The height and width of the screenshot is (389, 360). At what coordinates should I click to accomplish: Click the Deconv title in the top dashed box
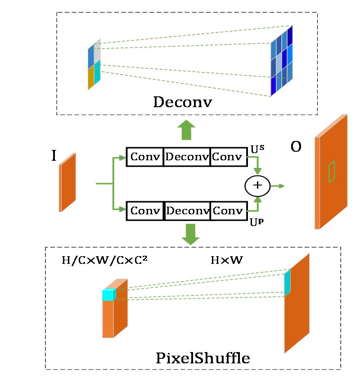[182, 102]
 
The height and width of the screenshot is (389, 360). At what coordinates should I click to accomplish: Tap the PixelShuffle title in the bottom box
[202, 358]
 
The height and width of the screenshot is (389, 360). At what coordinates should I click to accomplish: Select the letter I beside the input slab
[54, 156]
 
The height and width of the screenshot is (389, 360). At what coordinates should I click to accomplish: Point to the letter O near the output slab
[296, 147]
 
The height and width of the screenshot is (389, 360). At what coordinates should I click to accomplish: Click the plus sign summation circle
[257, 185]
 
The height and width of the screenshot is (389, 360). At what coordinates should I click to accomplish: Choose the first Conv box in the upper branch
[144, 157]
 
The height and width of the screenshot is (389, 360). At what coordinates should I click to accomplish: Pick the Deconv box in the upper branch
[187, 157]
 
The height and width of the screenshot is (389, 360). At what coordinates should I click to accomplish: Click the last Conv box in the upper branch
[228, 157]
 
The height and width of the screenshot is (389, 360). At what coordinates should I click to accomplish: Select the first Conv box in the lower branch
[145, 211]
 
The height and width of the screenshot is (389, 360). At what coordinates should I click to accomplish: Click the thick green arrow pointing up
[186, 130]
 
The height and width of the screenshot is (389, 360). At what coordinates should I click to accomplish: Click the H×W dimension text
[227, 260]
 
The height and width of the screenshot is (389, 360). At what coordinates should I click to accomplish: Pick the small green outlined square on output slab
[332, 172]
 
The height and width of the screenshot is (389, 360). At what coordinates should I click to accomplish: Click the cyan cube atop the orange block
[109, 294]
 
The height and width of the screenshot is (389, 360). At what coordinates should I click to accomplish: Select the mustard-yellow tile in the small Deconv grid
[90, 78]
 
